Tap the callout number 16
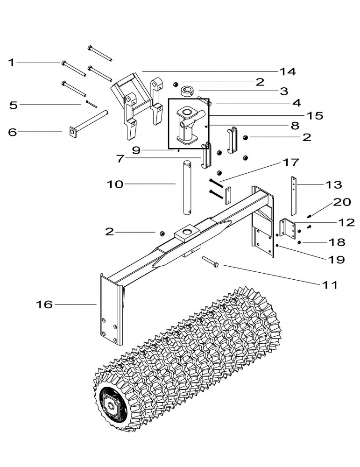(x=44, y=305)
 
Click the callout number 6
(x=13, y=132)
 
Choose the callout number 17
(x=290, y=163)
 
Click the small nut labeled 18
(x=299, y=242)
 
